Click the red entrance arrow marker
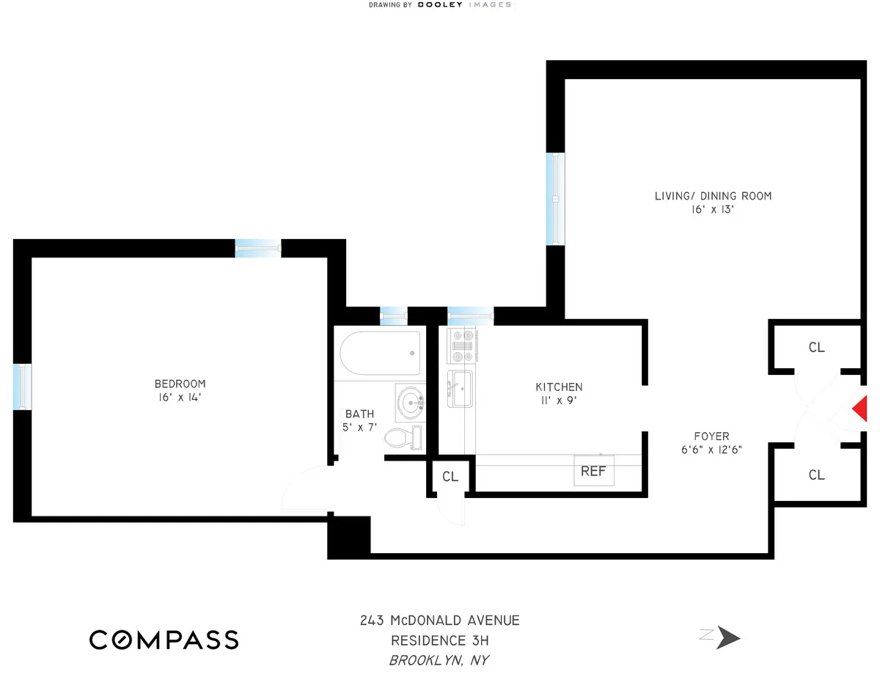pos(859,409)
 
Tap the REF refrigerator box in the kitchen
pos(593,472)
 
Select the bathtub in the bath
pos(381,354)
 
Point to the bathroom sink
pos(411,402)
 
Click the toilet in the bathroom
pos(404,438)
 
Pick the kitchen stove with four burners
pos(463,346)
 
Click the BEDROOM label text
pos(180,384)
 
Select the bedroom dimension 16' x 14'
pos(180,398)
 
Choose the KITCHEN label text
pos(559,387)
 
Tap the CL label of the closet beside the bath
pos(450,477)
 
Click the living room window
pos(557,198)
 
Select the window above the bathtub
pos(394,316)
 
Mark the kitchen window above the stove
pos(470,316)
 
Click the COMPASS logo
pos(164,640)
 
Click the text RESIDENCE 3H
pos(439,640)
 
